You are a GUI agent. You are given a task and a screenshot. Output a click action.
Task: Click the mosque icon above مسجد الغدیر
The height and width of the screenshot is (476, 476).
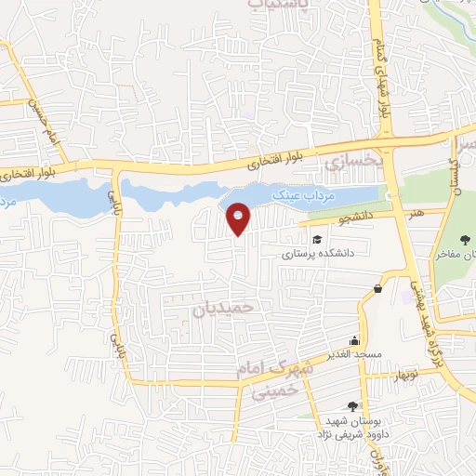[352, 341]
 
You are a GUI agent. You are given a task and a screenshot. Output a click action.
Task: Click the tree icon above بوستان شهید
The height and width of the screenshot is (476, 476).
[351, 405]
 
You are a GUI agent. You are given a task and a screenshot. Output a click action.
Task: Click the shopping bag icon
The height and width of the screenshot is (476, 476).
[377, 289]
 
